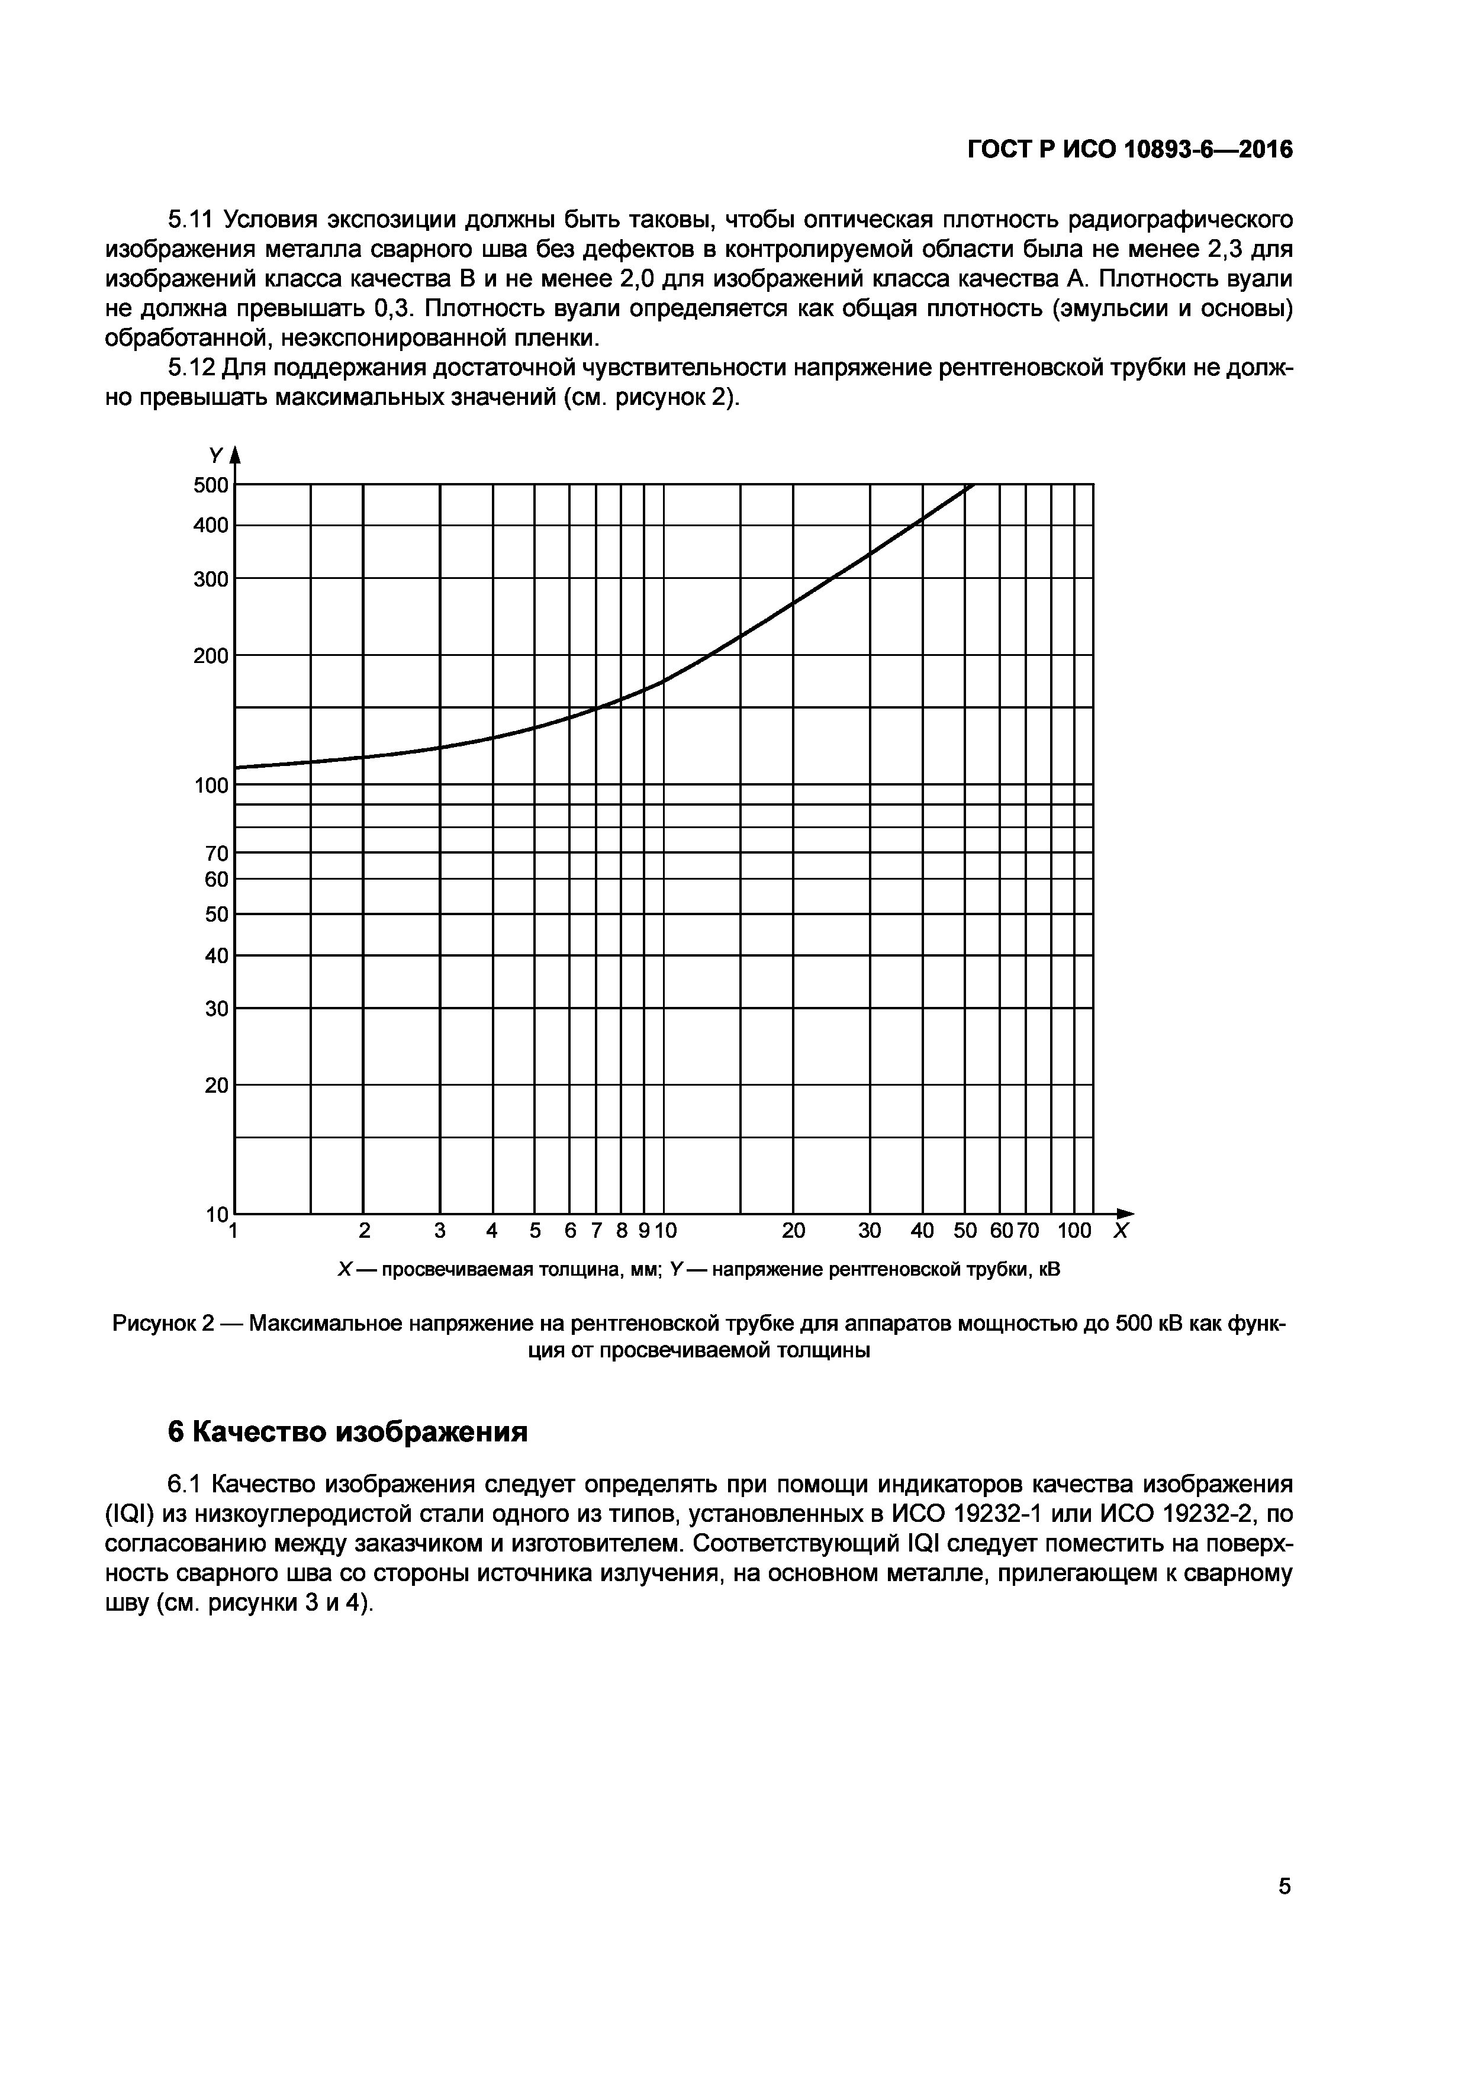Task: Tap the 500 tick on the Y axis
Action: pos(211,485)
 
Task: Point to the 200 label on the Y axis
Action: pos(211,655)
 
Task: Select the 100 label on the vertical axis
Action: pos(211,786)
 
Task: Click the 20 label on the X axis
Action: pos(794,1231)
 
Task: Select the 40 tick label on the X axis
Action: pos(922,1231)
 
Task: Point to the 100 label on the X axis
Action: pos(1074,1231)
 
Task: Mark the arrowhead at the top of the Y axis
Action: pos(236,455)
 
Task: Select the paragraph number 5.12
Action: pos(191,368)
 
